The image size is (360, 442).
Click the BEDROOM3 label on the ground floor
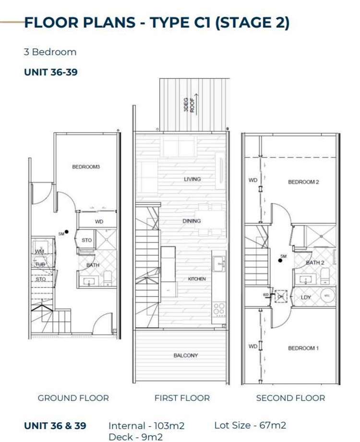[x=86, y=167]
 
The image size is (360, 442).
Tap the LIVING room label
[x=192, y=179]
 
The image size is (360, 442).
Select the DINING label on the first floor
[x=192, y=221]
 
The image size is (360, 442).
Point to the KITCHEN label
[x=197, y=279]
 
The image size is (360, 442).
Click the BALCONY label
[x=185, y=356]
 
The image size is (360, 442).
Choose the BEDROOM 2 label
[x=303, y=182]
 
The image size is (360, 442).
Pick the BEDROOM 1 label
[x=303, y=348]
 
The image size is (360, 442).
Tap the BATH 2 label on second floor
[x=315, y=263]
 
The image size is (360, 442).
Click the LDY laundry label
[x=306, y=298]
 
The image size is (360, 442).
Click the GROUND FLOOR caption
[x=73, y=398]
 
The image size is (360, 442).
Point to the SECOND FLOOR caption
[x=290, y=398]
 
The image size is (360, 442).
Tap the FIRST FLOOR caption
[x=182, y=398]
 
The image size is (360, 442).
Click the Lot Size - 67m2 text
[x=250, y=425]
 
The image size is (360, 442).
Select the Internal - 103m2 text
[x=146, y=426]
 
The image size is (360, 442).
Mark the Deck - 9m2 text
[x=135, y=437]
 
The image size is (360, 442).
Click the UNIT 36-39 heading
[x=51, y=72]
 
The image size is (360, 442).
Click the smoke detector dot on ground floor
[x=67, y=232]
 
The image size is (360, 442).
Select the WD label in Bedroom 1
[x=252, y=346]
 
